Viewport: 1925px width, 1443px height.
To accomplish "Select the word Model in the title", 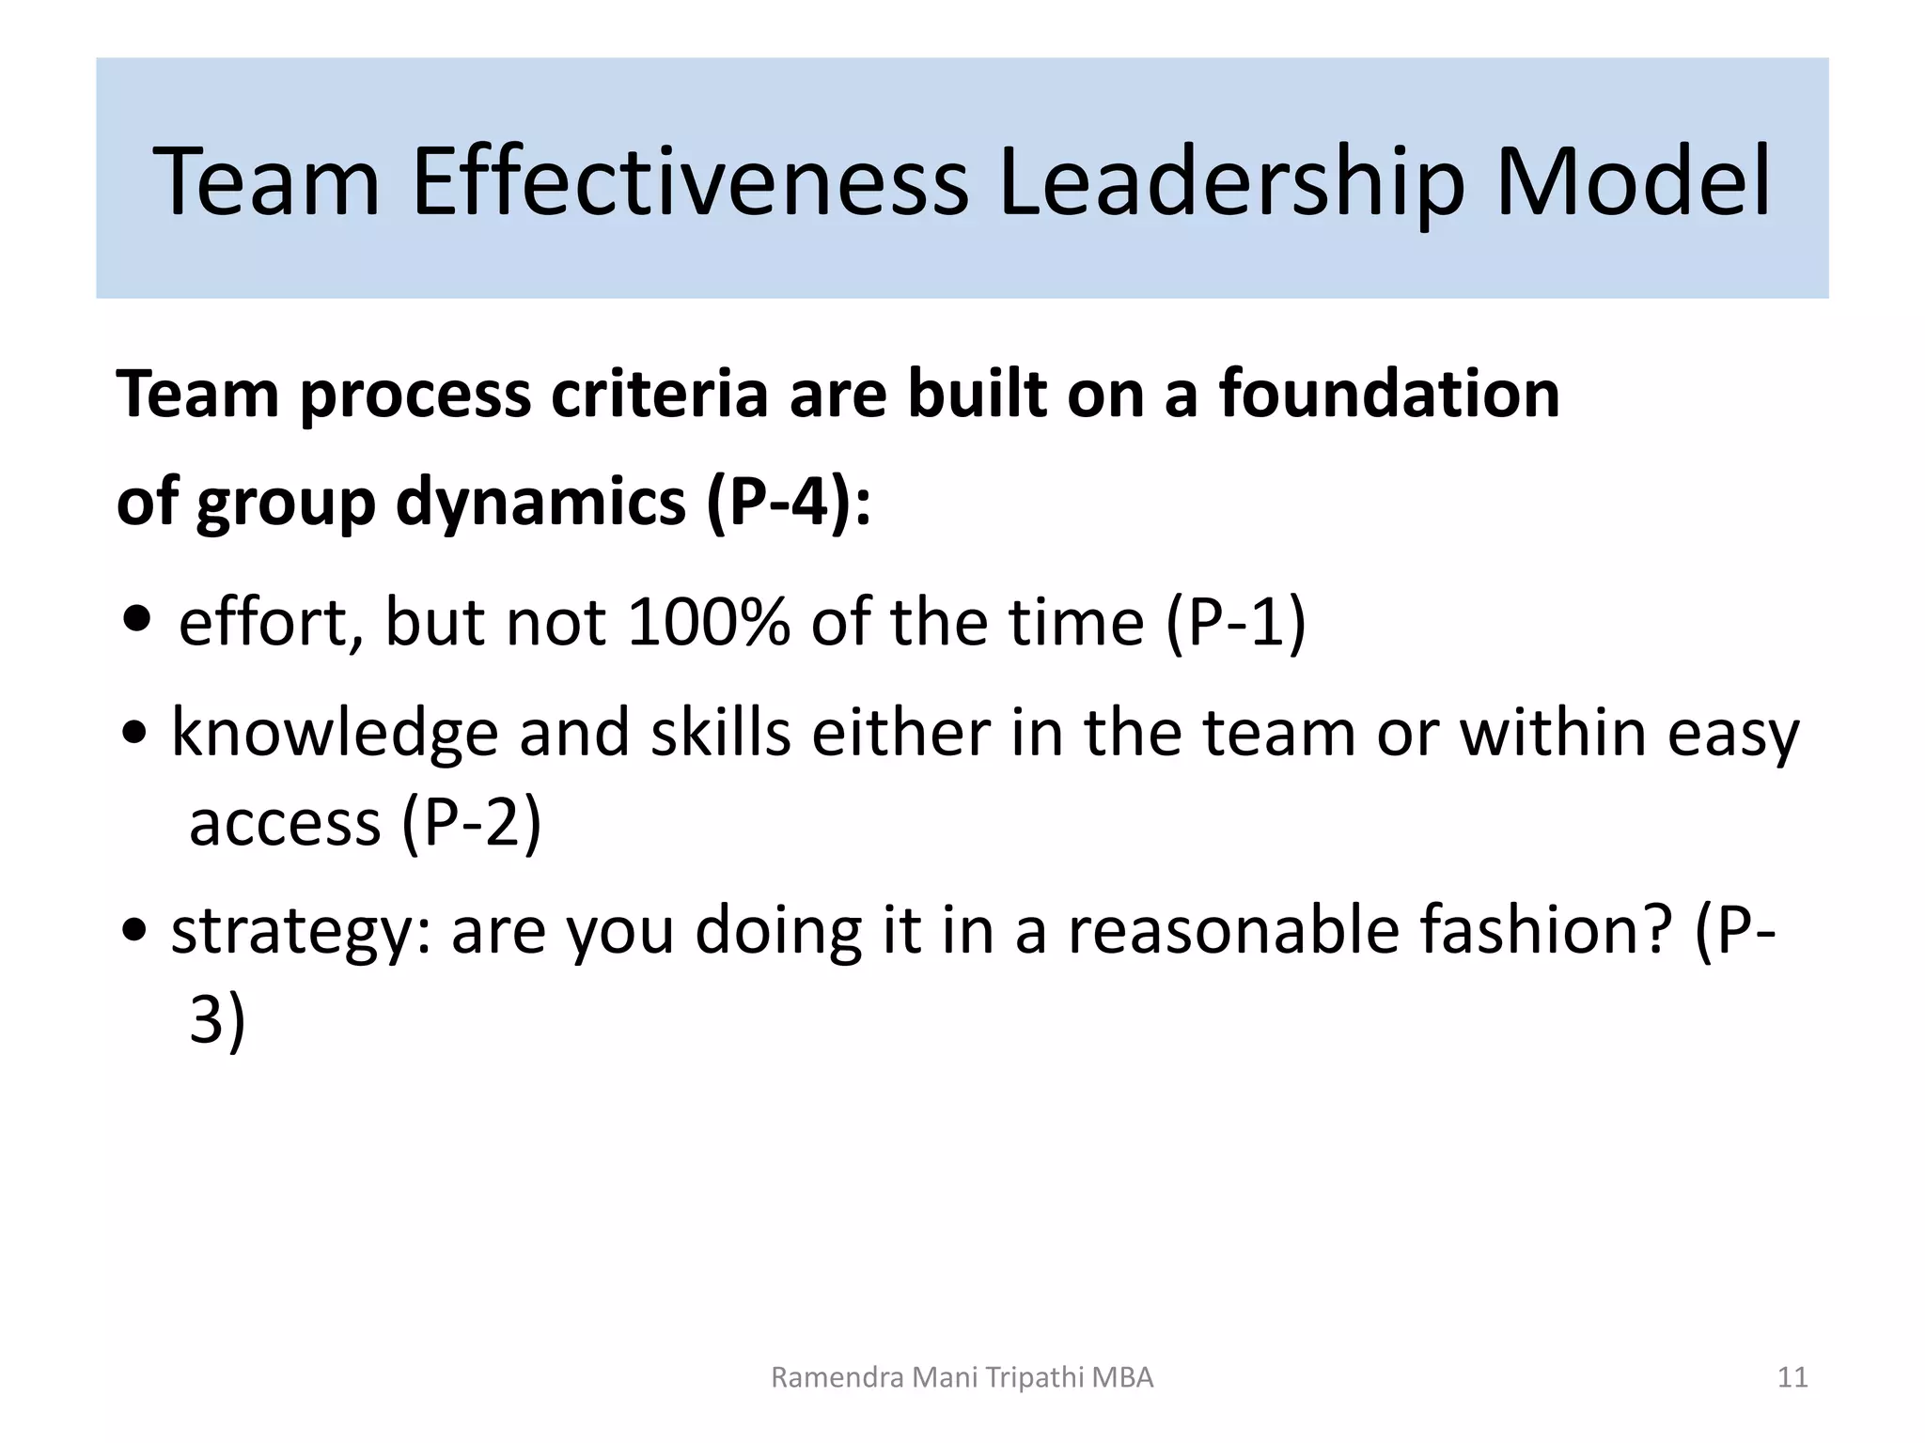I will pyautogui.click(x=1632, y=180).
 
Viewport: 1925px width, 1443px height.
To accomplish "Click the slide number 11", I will pyautogui.click(x=1792, y=1377).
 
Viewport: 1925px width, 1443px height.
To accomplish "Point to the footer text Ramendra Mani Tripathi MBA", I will pyautogui.click(x=962, y=1377).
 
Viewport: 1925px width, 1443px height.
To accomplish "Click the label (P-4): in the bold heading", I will pyautogui.click(x=788, y=503).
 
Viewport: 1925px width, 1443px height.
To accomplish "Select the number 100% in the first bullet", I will pyautogui.click(x=708, y=622).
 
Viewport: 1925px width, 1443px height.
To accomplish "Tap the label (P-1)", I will pyautogui.click(x=1235, y=624).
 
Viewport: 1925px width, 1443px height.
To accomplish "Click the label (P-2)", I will pyautogui.click(x=471, y=823).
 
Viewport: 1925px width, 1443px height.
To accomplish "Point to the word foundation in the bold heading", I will pyautogui.click(x=1389, y=394).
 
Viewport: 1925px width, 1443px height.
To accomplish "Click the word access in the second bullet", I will pyautogui.click(x=284, y=824).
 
